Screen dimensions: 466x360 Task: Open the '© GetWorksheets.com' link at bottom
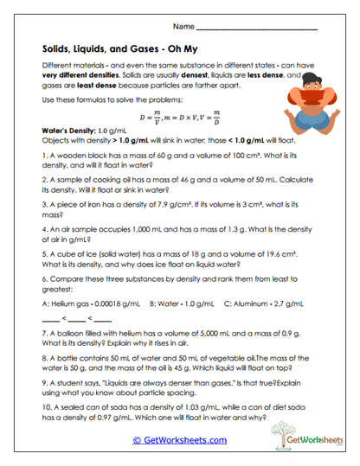point(179,441)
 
